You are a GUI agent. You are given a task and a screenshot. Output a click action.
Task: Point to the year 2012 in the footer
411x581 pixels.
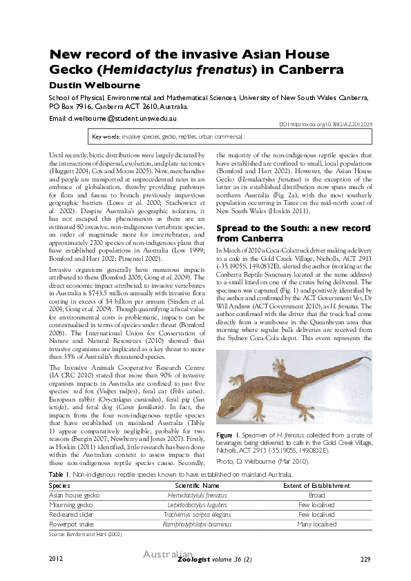click(x=57, y=558)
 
